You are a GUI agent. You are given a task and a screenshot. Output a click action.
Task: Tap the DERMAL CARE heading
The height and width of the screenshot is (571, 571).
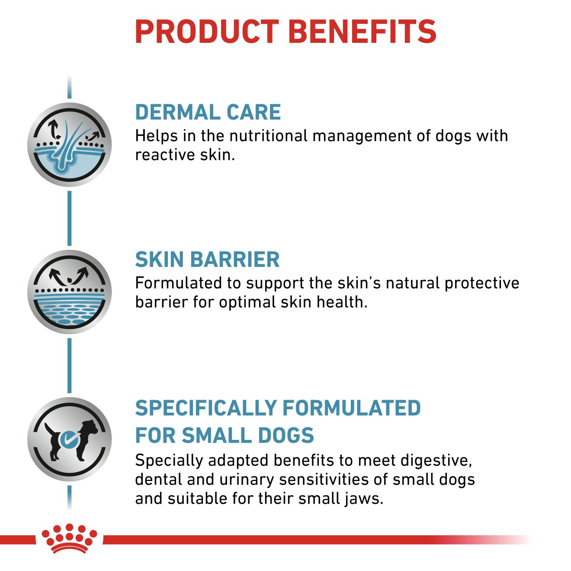[208, 112]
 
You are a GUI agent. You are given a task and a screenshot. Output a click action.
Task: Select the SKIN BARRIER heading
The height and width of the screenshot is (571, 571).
[207, 260]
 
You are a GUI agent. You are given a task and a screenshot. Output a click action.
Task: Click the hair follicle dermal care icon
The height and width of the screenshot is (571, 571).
[69, 144]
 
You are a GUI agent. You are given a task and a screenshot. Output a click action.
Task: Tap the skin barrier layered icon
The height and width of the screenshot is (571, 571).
[69, 292]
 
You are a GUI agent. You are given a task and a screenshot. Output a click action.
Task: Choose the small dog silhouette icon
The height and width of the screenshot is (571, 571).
[69, 439]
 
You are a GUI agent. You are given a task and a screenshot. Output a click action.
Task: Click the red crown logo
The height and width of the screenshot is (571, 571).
[69, 539]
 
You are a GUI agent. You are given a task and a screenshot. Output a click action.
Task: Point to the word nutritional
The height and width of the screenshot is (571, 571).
[268, 136]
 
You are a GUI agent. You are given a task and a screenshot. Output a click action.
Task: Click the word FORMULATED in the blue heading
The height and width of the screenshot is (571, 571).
[351, 408]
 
